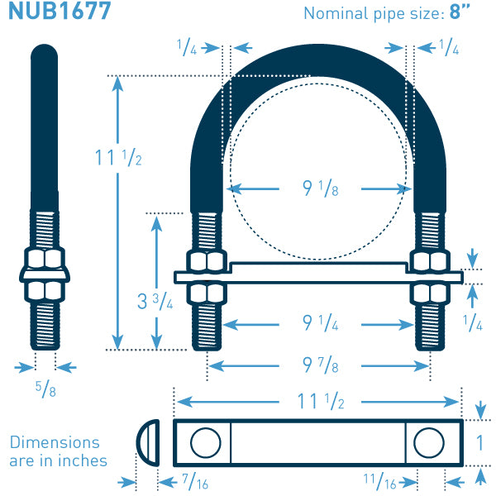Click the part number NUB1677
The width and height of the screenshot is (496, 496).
(x=60, y=11)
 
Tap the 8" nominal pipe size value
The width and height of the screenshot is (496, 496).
(x=460, y=12)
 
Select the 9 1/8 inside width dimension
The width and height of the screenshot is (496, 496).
(x=321, y=188)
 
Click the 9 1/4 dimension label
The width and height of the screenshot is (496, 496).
(x=321, y=323)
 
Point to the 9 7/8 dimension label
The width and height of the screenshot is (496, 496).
(x=321, y=365)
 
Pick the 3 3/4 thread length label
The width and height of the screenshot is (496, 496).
(x=155, y=301)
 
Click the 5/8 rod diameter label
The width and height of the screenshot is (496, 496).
(x=45, y=389)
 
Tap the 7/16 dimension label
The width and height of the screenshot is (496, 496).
(x=195, y=481)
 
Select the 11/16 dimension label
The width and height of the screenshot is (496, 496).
(x=380, y=481)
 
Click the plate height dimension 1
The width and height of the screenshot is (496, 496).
(x=479, y=442)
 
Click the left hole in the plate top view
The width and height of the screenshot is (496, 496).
(x=206, y=443)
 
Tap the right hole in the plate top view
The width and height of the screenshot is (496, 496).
(x=429, y=443)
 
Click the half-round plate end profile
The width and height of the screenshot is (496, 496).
(x=148, y=443)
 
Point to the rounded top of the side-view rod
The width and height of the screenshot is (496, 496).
(x=45, y=52)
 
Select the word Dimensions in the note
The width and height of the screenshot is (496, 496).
(x=55, y=442)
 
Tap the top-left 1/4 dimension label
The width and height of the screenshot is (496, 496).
(x=187, y=47)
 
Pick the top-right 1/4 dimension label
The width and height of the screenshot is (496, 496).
(x=449, y=47)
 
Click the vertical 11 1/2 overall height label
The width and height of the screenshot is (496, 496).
(x=118, y=158)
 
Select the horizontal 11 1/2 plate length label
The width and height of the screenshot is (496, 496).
(x=321, y=402)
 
